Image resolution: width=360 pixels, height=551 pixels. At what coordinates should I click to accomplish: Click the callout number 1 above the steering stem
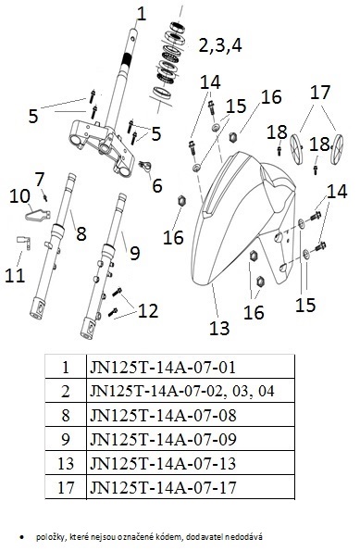pyautogui.click(x=141, y=14)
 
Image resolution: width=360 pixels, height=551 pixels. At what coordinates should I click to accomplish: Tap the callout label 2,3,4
pyautogui.click(x=220, y=45)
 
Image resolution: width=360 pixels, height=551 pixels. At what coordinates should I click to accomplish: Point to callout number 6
pyautogui.click(x=157, y=185)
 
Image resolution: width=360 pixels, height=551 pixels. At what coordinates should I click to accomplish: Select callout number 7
pyautogui.click(x=40, y=180)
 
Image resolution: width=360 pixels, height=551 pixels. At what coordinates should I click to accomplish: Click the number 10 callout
pyautogui.click(x=19, y=196)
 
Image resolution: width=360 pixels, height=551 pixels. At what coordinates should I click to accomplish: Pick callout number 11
pyautogui.click(x=15, y=276)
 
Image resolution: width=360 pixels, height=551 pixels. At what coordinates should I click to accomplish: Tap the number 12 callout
pyautogui.click(x=148, y=311)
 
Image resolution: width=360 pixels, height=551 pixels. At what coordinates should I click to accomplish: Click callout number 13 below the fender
pyautogui.click(x=219, y=328)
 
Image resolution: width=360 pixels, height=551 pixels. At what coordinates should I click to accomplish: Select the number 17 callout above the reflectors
pyautogui.click(x=320, y=93)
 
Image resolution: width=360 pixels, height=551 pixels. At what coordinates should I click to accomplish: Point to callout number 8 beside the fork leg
pyautogui.click(x=81, y=233)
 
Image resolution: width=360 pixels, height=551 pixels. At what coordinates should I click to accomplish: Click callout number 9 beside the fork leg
pyautogui.click(x=135, y=253)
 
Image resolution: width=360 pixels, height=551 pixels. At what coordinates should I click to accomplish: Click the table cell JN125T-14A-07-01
pyautogui.click(x=163, y=368)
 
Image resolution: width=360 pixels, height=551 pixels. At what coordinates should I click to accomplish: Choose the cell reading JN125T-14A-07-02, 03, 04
pyautogui.click(x=182, y=391)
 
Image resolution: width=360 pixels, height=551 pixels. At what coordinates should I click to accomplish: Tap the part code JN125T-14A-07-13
pyautogui.click(x=163, y=464)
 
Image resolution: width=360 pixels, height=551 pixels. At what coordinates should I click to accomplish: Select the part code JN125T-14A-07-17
pyautogui.click(x=163, y=487)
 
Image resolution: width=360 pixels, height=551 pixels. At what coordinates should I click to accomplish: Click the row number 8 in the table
pyautogui.click(x=66, y=416)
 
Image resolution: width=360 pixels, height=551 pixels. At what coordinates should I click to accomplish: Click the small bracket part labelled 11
pyautogui.click(x=24, y=243)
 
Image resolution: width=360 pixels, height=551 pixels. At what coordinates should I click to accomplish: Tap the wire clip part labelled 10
pyautogui.click(x=38, y=214)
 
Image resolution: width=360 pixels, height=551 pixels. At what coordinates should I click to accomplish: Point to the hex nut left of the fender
pyautogui.click(x=181, y=201)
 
